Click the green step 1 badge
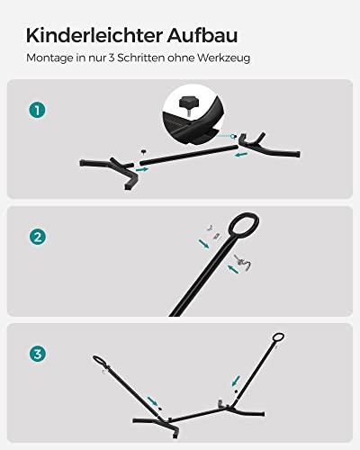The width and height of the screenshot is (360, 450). (36, 111)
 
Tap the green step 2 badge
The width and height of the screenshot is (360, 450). (36, 238)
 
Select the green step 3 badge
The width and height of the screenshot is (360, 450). (36, 354)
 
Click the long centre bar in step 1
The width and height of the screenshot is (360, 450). (184, 153)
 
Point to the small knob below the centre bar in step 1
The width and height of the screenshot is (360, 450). (143, 151)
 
